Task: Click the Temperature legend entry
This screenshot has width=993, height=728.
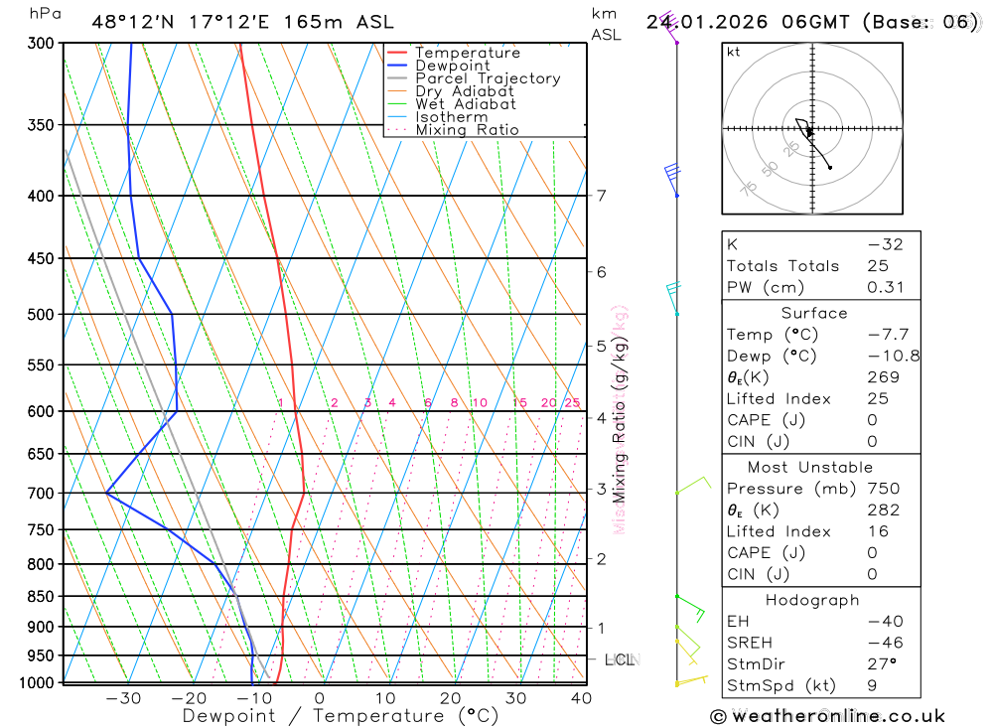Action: (x=467, y=53)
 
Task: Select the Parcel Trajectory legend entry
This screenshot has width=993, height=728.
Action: (x=488, y=78)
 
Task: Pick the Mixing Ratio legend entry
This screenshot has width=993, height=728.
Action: (x=467, y=129)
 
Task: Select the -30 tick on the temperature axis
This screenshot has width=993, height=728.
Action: (x=123, y=698)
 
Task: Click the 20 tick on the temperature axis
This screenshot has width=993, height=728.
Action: (x=451, y=698)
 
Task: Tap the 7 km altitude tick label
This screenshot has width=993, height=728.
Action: (x=602, y=196)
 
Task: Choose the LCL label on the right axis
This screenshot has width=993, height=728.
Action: (x=619, y=658)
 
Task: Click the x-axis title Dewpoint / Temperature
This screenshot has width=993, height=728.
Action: (x=341, y=716)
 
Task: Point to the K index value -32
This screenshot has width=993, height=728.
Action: (x=884, y=244)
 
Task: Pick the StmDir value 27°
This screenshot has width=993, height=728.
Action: (x=881, y=664)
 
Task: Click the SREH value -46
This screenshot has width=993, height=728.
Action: (x=884, y=643)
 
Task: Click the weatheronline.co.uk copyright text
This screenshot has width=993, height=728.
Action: (x=827, y=716)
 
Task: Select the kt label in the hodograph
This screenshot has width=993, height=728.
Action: (x=734, y=53)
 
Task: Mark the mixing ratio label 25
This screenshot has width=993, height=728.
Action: (x=572, y=402)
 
